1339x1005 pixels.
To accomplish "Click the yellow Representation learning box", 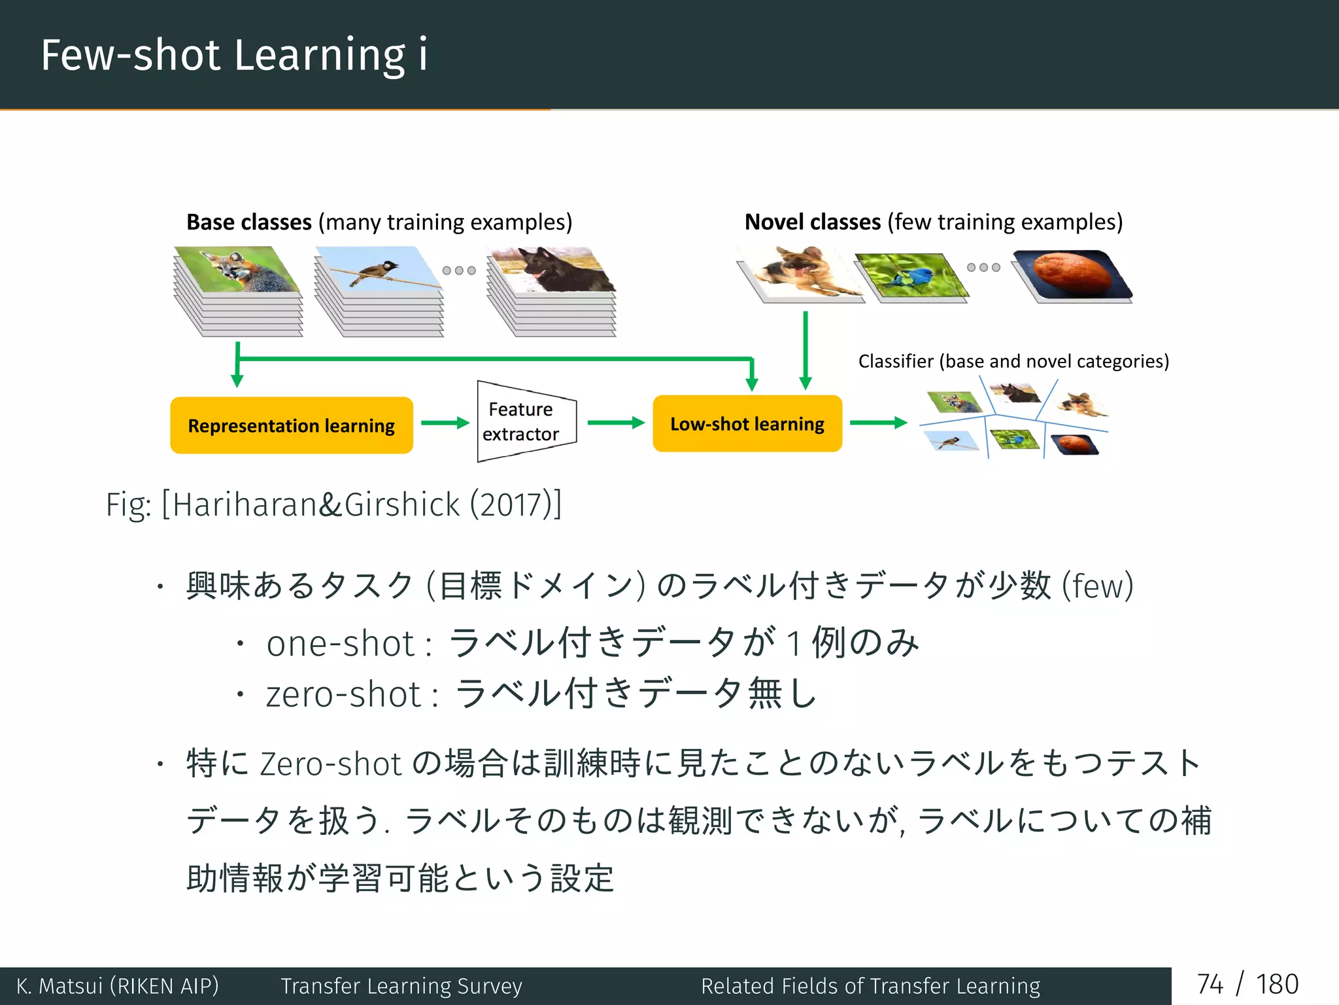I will coord(292,425).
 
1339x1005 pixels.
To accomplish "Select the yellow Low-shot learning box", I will coord(747,424).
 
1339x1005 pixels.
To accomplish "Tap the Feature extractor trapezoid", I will coord(523,421).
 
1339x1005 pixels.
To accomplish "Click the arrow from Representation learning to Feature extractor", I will coord(445,423).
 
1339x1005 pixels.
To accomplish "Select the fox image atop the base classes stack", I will coord(239,270).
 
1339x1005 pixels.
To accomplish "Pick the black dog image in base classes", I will coord(552,270).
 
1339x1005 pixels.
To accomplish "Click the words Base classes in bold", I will coord(248,222).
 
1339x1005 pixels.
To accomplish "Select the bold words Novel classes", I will coord(813,222).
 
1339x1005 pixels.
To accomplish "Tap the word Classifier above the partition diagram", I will coord(895,361).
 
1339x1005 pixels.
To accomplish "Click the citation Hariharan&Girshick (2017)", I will coord(362,504).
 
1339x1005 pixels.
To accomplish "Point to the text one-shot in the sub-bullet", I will coord(340,643).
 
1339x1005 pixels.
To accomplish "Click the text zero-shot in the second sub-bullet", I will coord(343,694).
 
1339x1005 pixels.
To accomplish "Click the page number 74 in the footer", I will coord(1210,985).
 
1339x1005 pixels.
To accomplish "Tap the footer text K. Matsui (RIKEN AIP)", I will coord(118,986).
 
